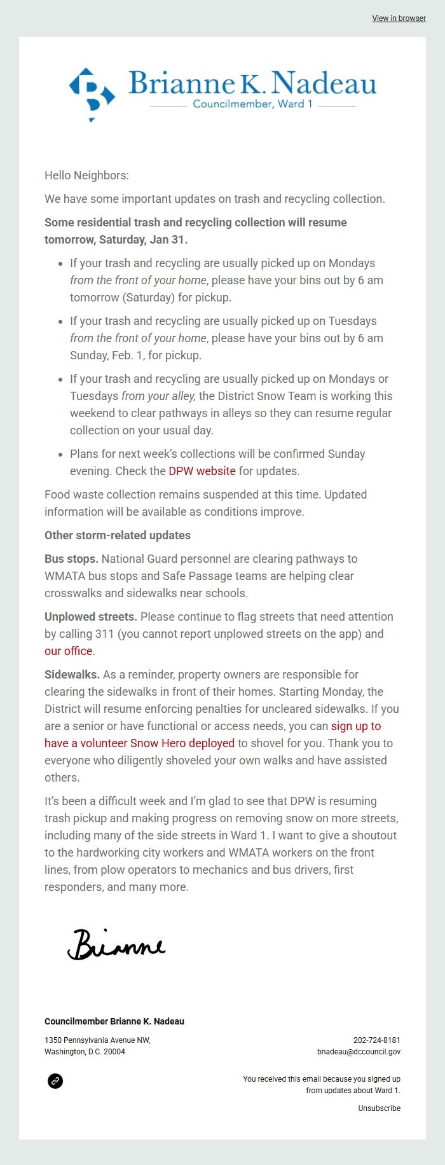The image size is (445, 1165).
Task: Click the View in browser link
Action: [399, 18]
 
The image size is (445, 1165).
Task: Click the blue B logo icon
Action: [92, 93]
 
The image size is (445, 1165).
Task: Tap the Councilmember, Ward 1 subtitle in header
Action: [252, 104]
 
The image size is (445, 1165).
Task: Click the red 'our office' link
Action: [68, 651]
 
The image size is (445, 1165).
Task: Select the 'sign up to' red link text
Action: [356, 726]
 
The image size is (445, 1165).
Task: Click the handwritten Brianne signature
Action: [116, 944]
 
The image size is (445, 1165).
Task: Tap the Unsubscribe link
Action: [379, 1108]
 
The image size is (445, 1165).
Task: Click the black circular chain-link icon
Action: [55, 1081]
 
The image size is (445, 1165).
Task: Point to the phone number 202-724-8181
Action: [376, 1040]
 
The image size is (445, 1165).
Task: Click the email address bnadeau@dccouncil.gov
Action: [359, 1052]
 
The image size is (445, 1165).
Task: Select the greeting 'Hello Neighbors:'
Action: [86, 176]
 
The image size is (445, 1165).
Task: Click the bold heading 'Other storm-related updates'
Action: [118, 535]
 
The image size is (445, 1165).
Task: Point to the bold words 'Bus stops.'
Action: [71, 559]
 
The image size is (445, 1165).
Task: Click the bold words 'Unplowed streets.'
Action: [91, 617]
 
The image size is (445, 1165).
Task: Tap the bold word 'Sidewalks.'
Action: [72, 675]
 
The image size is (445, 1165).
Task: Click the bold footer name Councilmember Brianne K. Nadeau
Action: [114, 1021]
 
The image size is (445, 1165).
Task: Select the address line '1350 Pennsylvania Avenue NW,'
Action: [97, 1040]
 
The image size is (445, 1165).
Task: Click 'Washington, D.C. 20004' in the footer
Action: [85, 1052]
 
